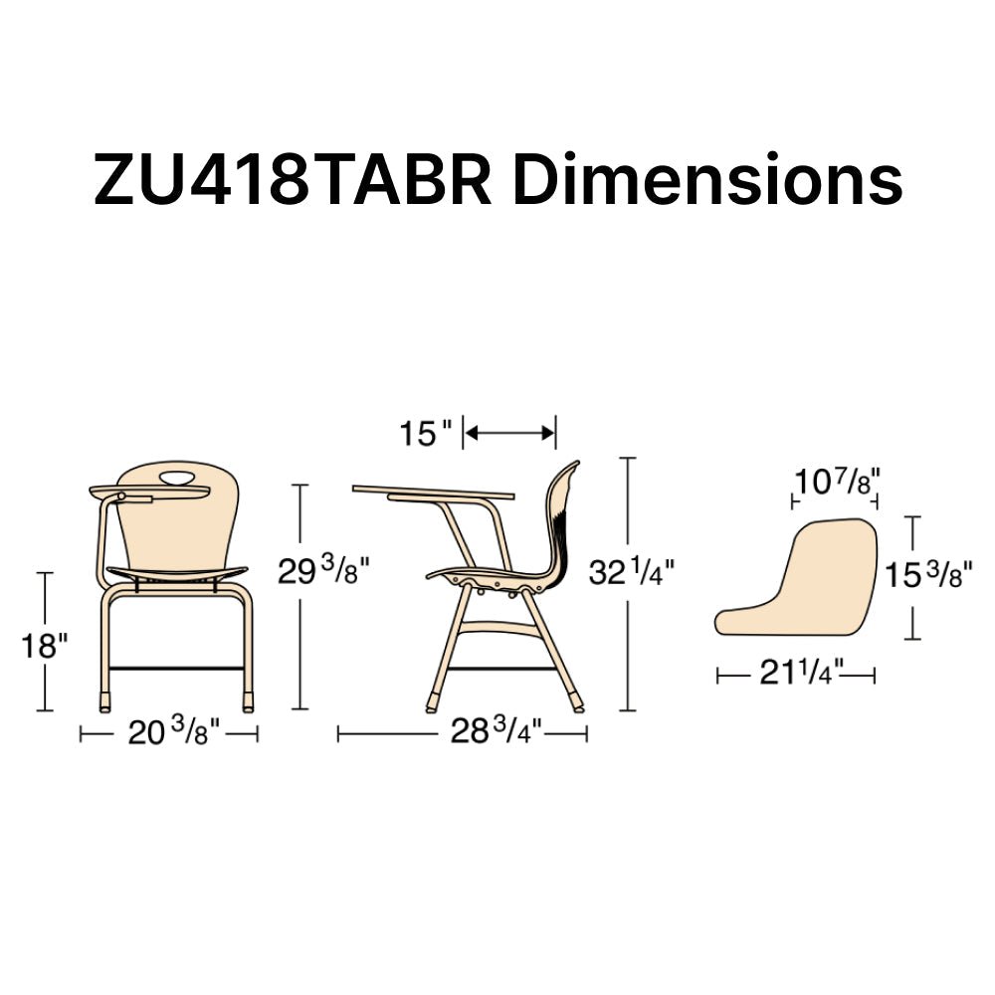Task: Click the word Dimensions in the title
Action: pyautogui.click(x=706, y=179)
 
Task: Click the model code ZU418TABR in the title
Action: pyautogui.click(x=293, y=179)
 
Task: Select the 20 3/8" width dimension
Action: pyautogui.click(x=174, y=732)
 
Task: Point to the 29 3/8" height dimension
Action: pyautogui.click(x=323, y=570)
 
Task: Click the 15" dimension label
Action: pyautogui.click(x=427, y=434)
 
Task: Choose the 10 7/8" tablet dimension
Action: pyautogui.click(x=837, y=482)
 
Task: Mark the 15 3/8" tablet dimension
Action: pyautogui.click(x=927, y=574)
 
